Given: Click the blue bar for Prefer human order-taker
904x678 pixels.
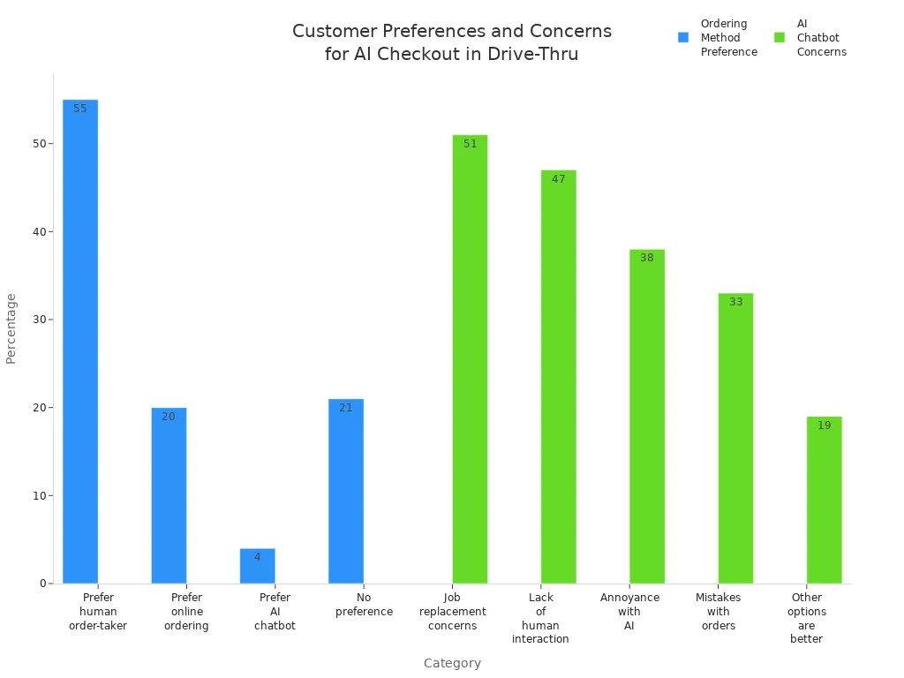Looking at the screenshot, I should tap(80, 344).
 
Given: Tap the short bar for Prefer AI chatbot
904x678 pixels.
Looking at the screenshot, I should tap(257, 567).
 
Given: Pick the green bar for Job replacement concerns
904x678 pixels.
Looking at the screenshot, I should tap(470, 362).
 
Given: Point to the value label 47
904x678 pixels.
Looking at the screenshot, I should tap(558, 179).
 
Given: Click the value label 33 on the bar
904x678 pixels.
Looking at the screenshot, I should tap(735, 302).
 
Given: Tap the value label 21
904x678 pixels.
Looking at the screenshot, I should tap(346, 408).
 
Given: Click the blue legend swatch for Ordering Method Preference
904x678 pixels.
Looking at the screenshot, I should tap(683, 38).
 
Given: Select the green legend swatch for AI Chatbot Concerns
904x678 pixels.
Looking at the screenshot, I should tap(780, 38).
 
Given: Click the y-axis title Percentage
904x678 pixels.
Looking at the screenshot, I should tap(11, 328).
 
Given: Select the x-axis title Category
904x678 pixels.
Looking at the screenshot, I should tap(452, 663).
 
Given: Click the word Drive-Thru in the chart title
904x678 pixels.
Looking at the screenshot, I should tap(535, 54).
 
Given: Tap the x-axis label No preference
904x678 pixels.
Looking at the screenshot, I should tap(364, 605).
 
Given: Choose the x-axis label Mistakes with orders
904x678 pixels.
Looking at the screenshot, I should tap(718, 612).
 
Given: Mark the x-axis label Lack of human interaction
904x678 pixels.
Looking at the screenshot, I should tap(540, 618).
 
